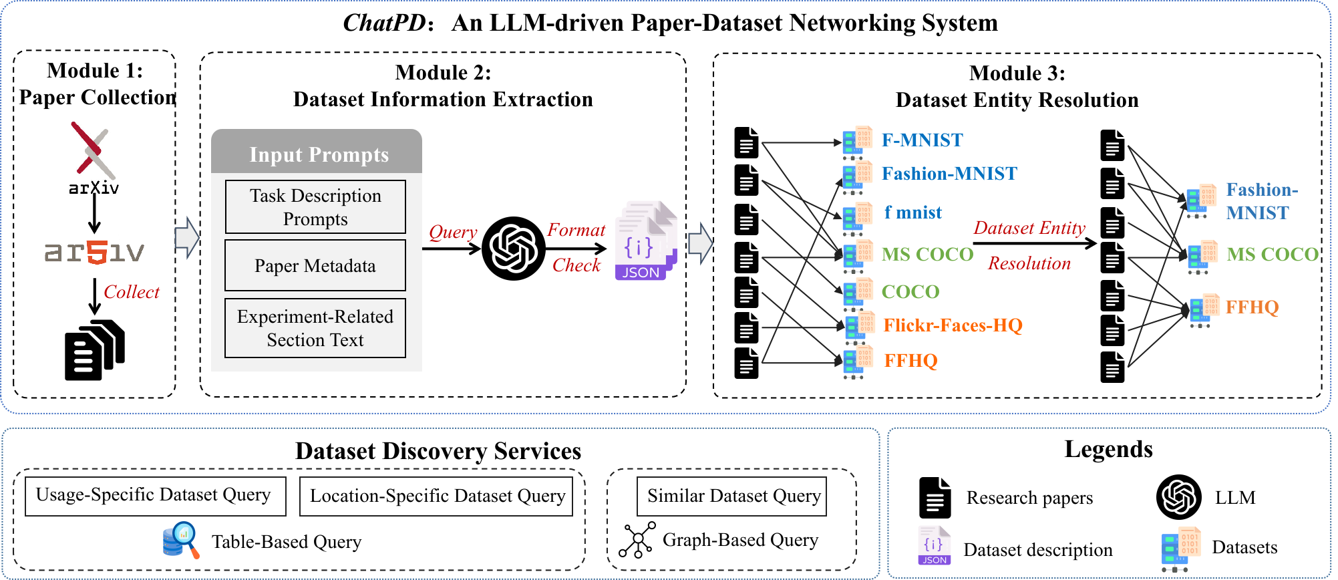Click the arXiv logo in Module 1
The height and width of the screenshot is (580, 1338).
(94, 158)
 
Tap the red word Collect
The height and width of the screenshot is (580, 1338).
(132, 292)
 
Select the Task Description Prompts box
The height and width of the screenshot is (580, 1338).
(315, 207)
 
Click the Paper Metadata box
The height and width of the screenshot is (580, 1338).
(315, 266)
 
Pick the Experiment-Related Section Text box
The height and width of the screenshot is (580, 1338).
(315, 328)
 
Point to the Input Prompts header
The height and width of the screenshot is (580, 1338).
(318, 154)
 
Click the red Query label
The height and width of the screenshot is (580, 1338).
(452, 232)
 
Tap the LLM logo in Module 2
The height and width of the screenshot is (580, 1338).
(513, 248)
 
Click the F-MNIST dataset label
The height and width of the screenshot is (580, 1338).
(922, 140)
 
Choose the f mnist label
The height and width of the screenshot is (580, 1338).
(912, 212)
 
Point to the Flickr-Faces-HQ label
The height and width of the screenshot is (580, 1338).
(953, 325)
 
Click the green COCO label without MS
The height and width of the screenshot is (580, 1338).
(910, 292)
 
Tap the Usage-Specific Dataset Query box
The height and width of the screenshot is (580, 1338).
(155, 496)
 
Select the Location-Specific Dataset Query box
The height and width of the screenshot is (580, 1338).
(436, 496)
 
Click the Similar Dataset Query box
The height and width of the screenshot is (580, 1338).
(732, 496)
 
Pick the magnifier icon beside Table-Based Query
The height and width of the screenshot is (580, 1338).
(181, 541)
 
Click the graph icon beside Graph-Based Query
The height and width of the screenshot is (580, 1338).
(637, 540)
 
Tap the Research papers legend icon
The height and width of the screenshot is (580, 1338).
(935, 498)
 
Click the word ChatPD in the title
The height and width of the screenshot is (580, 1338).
(383, 23)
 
